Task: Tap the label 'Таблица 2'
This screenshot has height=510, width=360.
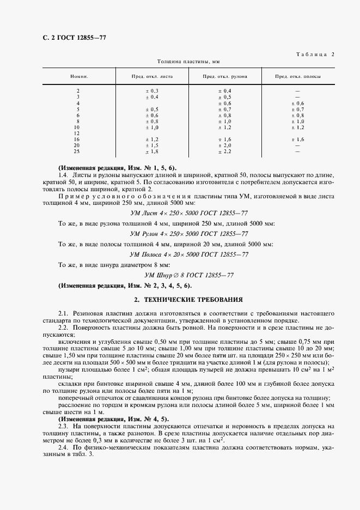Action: coord(315,54)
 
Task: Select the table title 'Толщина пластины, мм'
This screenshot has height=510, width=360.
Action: coord(188,62)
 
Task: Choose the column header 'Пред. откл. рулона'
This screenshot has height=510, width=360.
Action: coord(224,77)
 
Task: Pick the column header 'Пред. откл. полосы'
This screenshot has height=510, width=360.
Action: coord(297,77)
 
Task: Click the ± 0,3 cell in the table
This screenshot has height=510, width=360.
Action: coord(151,90)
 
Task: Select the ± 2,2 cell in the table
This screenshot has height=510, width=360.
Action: coord(224,151)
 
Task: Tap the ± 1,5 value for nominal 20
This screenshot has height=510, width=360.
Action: coord(151,145)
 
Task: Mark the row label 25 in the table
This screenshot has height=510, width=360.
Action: coord(77,151)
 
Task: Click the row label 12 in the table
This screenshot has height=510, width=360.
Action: coord(77,133)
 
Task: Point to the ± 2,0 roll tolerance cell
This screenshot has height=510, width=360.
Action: coord(224,145)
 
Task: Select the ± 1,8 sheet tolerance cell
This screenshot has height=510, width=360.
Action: coord(151,151)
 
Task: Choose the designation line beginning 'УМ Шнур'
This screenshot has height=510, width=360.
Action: coord(189,275)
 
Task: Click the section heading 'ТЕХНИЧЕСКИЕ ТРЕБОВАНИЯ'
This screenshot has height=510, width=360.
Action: coord(188,300)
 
